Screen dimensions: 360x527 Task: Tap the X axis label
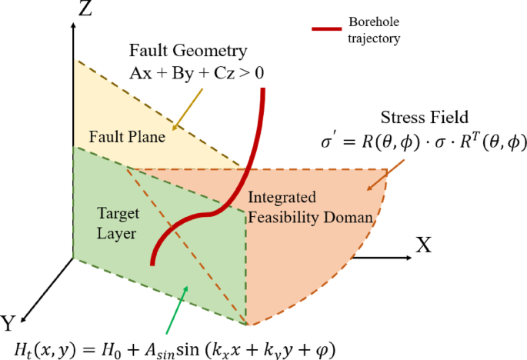(424, 245)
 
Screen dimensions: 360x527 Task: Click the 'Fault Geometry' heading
(199, 52)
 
